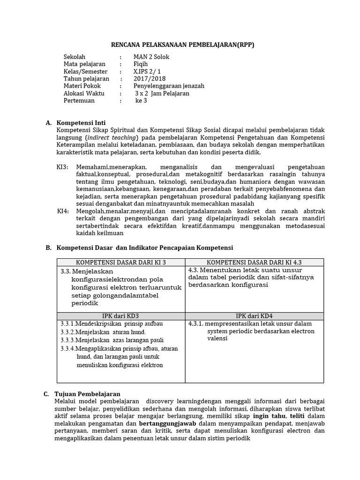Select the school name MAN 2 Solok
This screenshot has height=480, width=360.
[151, 57]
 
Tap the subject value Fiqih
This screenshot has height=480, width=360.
[141, 64]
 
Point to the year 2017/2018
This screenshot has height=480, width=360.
[150, 79]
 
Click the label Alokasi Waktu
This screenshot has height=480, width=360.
[84, 93]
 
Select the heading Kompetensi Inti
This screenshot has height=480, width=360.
[81, 123]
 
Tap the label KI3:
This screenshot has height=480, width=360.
[63, 167]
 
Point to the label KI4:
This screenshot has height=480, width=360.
[63, 211]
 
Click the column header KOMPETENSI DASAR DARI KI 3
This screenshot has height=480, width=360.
[121, 262]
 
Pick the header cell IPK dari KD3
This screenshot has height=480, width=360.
[121, 316]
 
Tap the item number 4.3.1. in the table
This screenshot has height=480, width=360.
[195, 323]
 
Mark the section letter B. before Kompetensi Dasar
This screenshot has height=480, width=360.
[48, 247]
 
